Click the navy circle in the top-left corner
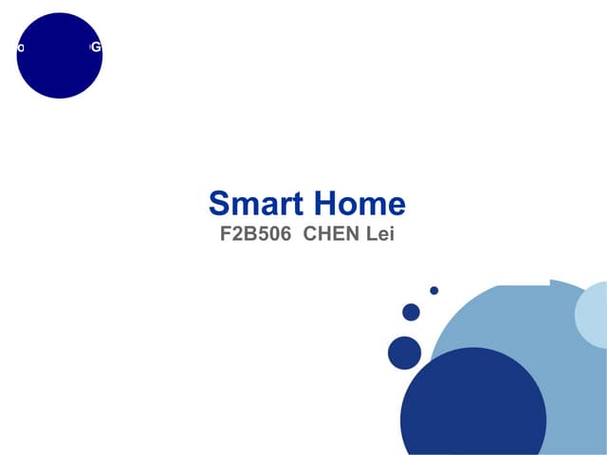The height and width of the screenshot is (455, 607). [x=60, y=56]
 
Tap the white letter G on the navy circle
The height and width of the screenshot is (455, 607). [x=96, y=47]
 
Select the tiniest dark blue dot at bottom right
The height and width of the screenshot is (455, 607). [x=433, y=290]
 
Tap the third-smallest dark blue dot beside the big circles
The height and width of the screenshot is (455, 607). [x=405, y=353]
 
